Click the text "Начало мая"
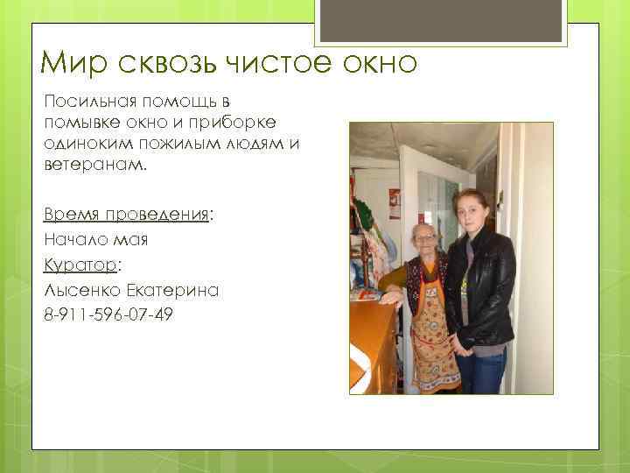coord(94,239)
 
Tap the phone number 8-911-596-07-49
coord(107,314)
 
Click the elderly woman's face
coord(423,239)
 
